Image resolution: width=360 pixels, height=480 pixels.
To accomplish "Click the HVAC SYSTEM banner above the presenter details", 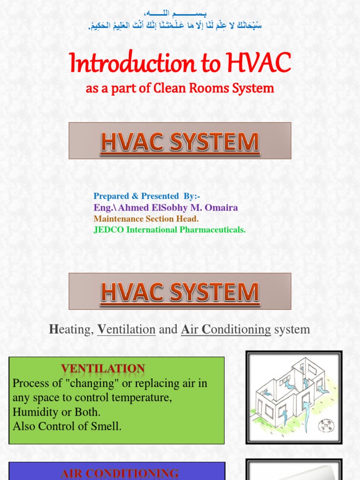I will point(180,141).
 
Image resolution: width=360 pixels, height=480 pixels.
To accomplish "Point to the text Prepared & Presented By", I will point(147,196).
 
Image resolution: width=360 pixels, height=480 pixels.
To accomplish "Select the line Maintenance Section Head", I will point(146,218).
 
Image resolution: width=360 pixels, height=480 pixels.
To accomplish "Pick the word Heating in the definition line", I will point(70,330).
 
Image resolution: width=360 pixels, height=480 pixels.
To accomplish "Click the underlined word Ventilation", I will point(126,330).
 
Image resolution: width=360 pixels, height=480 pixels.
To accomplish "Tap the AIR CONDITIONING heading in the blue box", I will point(120,473).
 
